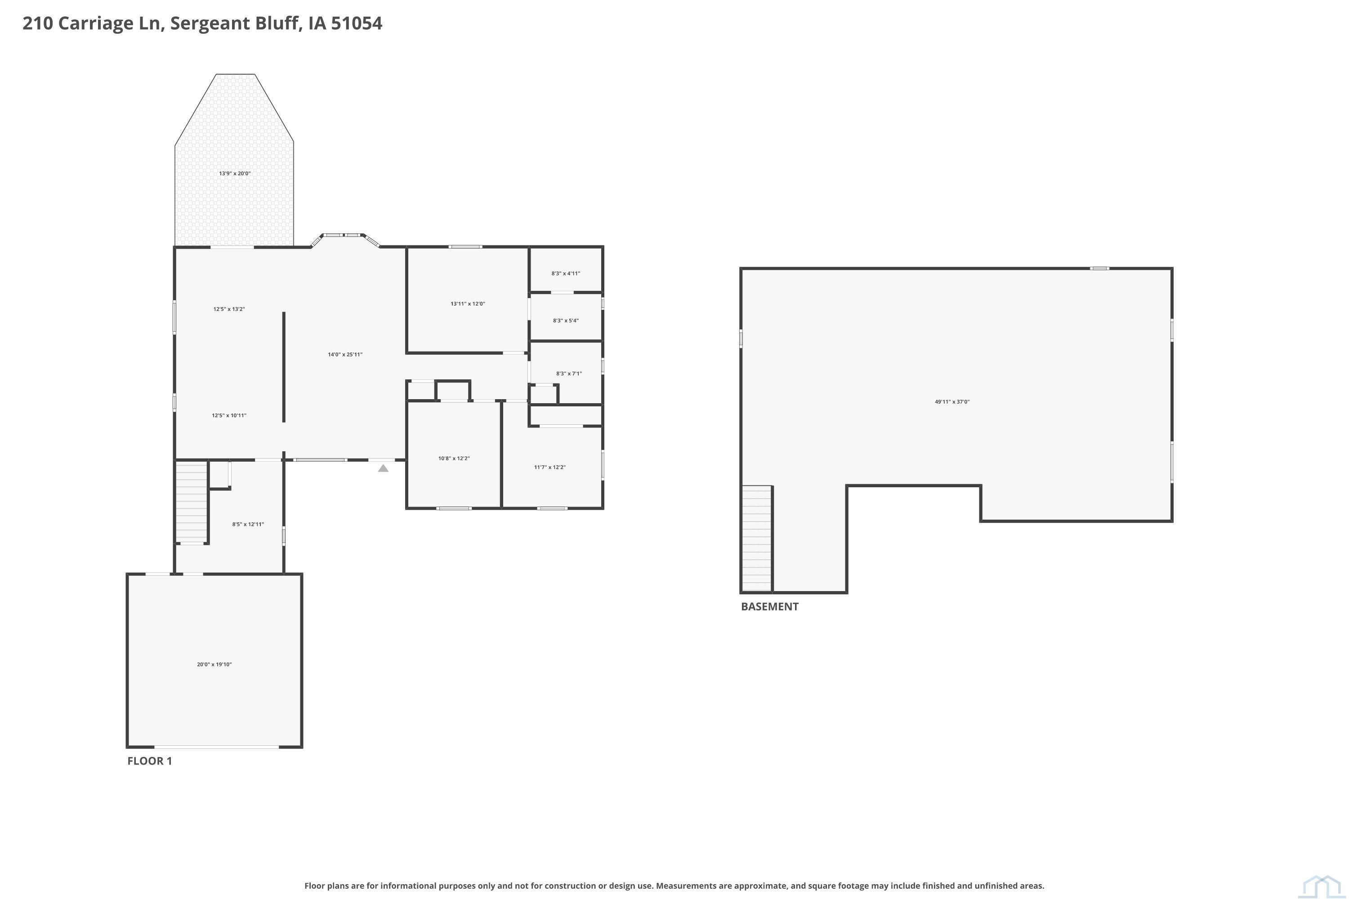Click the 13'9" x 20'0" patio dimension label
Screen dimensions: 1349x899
pos(235,173)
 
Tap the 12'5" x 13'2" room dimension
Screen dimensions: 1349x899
pos(229,309)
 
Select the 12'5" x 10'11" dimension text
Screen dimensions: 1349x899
pos(229,415)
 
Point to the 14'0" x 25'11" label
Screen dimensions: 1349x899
pos(345,354)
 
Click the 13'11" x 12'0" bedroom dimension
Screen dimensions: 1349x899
pos(468,304)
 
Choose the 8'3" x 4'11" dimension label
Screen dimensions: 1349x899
pos(566,273)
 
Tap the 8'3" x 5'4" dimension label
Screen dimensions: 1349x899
pos(566,320)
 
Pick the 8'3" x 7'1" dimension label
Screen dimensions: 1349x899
pos(568,373)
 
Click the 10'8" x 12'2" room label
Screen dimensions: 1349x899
pos(454,458)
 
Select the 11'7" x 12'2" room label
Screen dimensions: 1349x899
pos(549,467)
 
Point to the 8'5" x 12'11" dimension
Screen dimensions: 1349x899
pos(248,524)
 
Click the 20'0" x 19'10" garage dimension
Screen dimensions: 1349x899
pos(214,664)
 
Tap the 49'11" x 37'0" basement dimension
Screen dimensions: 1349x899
pos(952,402)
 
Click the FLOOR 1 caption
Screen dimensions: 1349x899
pos(149,761)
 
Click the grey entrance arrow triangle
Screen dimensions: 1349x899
pos(383,468)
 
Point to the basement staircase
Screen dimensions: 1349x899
pos(756,539)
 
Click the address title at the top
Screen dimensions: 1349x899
pos(202,23)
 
